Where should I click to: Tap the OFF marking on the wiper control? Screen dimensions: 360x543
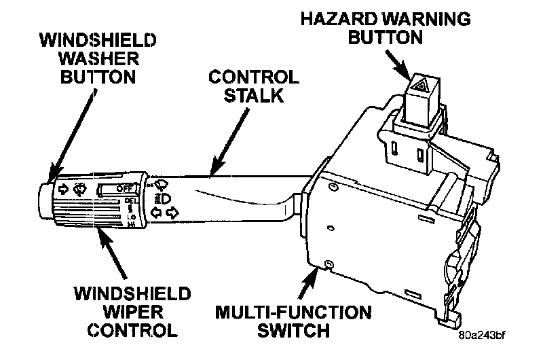(x=124, y=188)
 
